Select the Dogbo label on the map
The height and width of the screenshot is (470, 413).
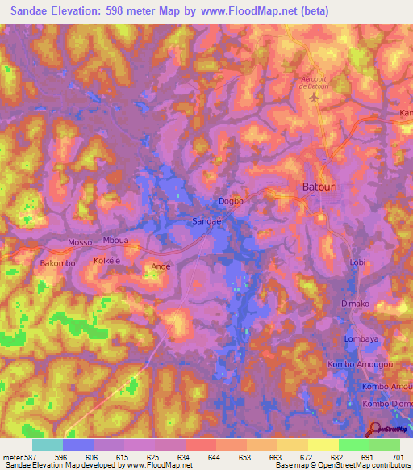[x=231, y=202]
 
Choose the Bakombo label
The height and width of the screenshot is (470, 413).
[x=56, y=263]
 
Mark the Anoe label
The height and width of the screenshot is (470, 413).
[x=161, y=265]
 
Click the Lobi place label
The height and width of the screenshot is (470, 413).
[x=358, y=262]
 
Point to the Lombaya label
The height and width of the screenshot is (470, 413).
[x=361, y=339]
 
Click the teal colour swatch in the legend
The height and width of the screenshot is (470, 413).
[x=47, y=445]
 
